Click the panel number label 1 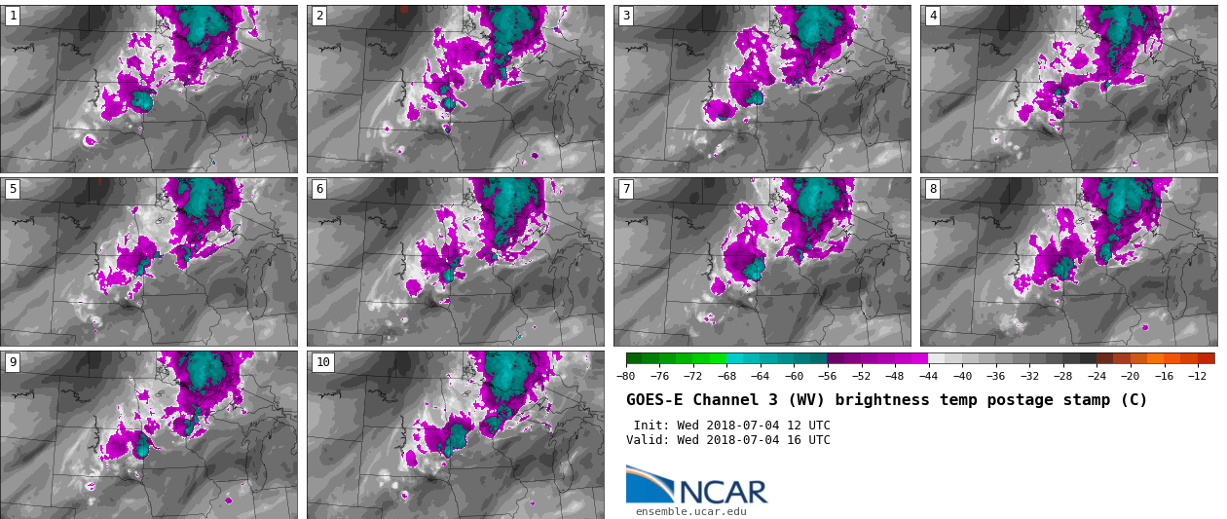[13, 16]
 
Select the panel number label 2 [319, 16]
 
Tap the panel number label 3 [626, 16]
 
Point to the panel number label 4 [933, 16]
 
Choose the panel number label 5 [13, 189]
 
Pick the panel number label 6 [319, 189]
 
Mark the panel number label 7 [626, 189]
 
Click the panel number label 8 [933, 189]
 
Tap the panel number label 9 [13, 362]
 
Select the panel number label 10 [323, 362]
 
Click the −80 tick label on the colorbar [626, 377]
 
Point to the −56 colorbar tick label [828, 377]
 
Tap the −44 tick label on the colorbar [928, 377]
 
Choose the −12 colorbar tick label [1197, 377]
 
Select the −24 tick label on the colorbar [1097, 377]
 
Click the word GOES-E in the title [655, 400]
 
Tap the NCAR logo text [723, 493]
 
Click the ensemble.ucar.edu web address [691, 511]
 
